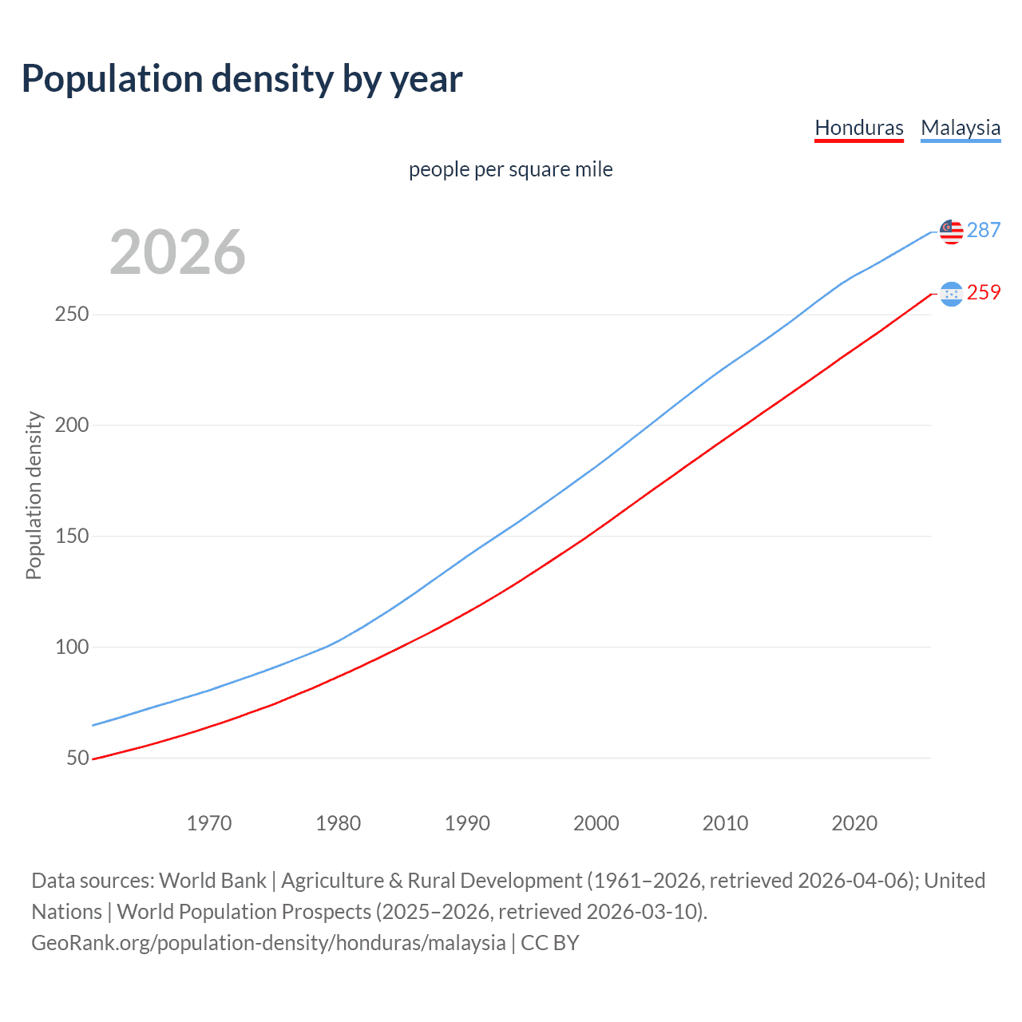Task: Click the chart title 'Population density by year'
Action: coord(242,79)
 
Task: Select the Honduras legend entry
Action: coord(858,128)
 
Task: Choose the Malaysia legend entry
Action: coord(960,128)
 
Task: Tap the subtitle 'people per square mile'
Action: coord(510,169)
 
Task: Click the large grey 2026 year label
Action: coord(177,252)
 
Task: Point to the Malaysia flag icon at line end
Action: coord(951,232)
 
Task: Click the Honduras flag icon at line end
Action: coord(951,294)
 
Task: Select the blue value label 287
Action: coord(984,230)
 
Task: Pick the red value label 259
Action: coord(984,292)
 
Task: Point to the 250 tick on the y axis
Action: coord(71,315)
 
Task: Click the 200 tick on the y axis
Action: coord(71,426)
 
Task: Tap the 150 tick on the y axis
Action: coord(71,537)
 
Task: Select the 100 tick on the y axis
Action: coord(71,648)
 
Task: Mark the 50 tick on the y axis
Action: coord(77,758)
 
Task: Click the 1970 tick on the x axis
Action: coord(209,823)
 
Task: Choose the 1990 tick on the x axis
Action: coord(467,823)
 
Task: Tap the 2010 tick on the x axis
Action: coord(725,823)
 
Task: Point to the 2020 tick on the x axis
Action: coord(854,823)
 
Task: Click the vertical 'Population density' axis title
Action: coord(34,495)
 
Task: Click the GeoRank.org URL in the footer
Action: coord(268,943)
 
